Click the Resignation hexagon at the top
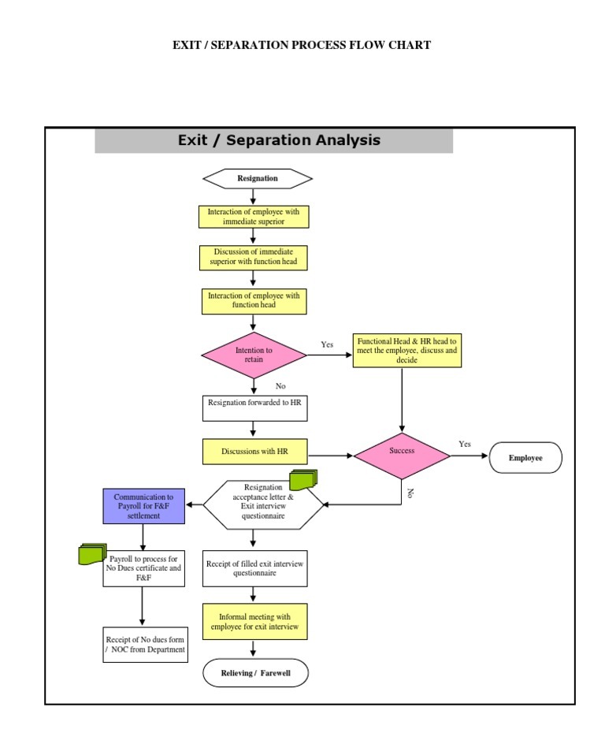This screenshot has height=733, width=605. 258,179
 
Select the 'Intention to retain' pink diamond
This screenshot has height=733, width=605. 254,355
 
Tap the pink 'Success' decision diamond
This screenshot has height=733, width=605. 402,452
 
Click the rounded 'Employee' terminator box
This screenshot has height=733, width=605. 525,458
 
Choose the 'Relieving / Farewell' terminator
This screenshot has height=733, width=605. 255,673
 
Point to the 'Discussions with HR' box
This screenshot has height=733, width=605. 254,452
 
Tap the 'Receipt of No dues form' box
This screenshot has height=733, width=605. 145,644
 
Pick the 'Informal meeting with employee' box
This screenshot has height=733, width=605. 254,622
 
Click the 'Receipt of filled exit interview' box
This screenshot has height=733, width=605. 254,568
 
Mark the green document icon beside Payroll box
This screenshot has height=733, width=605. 92,554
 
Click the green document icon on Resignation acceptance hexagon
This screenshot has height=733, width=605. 302,479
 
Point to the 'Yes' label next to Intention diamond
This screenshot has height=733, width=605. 327,344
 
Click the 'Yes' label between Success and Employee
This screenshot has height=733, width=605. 465,444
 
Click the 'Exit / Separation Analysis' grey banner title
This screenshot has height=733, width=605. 279,140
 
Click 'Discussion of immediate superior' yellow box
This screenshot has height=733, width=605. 253,257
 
